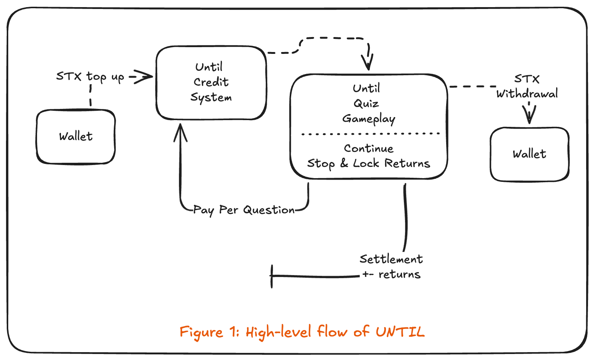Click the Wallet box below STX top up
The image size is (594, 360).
(x=76, y=137)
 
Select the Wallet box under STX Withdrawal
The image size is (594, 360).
(x=529, y=154)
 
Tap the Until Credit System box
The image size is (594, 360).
(x=211, y=83)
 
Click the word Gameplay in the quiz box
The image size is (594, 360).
(x=369, y=119)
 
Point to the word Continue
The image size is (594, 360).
(x=369, y=149)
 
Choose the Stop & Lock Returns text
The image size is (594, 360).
(x=369, y=164)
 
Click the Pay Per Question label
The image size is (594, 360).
(x=244, y=210)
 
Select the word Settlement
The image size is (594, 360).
(x=391, y=259)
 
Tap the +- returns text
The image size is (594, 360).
(x=392, y=274)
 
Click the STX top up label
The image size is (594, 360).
(x=90, y=77)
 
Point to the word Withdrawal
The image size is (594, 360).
(x=527, y=94)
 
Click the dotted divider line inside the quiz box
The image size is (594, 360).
(x=371, y=134)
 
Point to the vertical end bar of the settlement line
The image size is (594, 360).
(x=272, y=277)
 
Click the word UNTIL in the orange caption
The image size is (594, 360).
(x=400, y=332)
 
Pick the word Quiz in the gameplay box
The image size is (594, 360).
(x=366, y=104)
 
